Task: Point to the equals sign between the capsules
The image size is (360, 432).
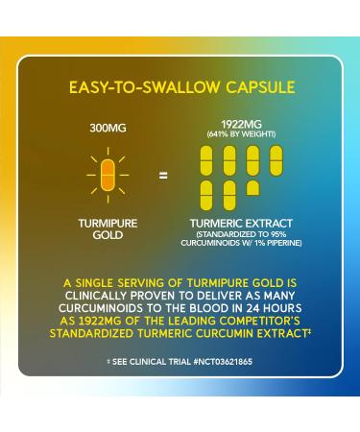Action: [162, 175]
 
